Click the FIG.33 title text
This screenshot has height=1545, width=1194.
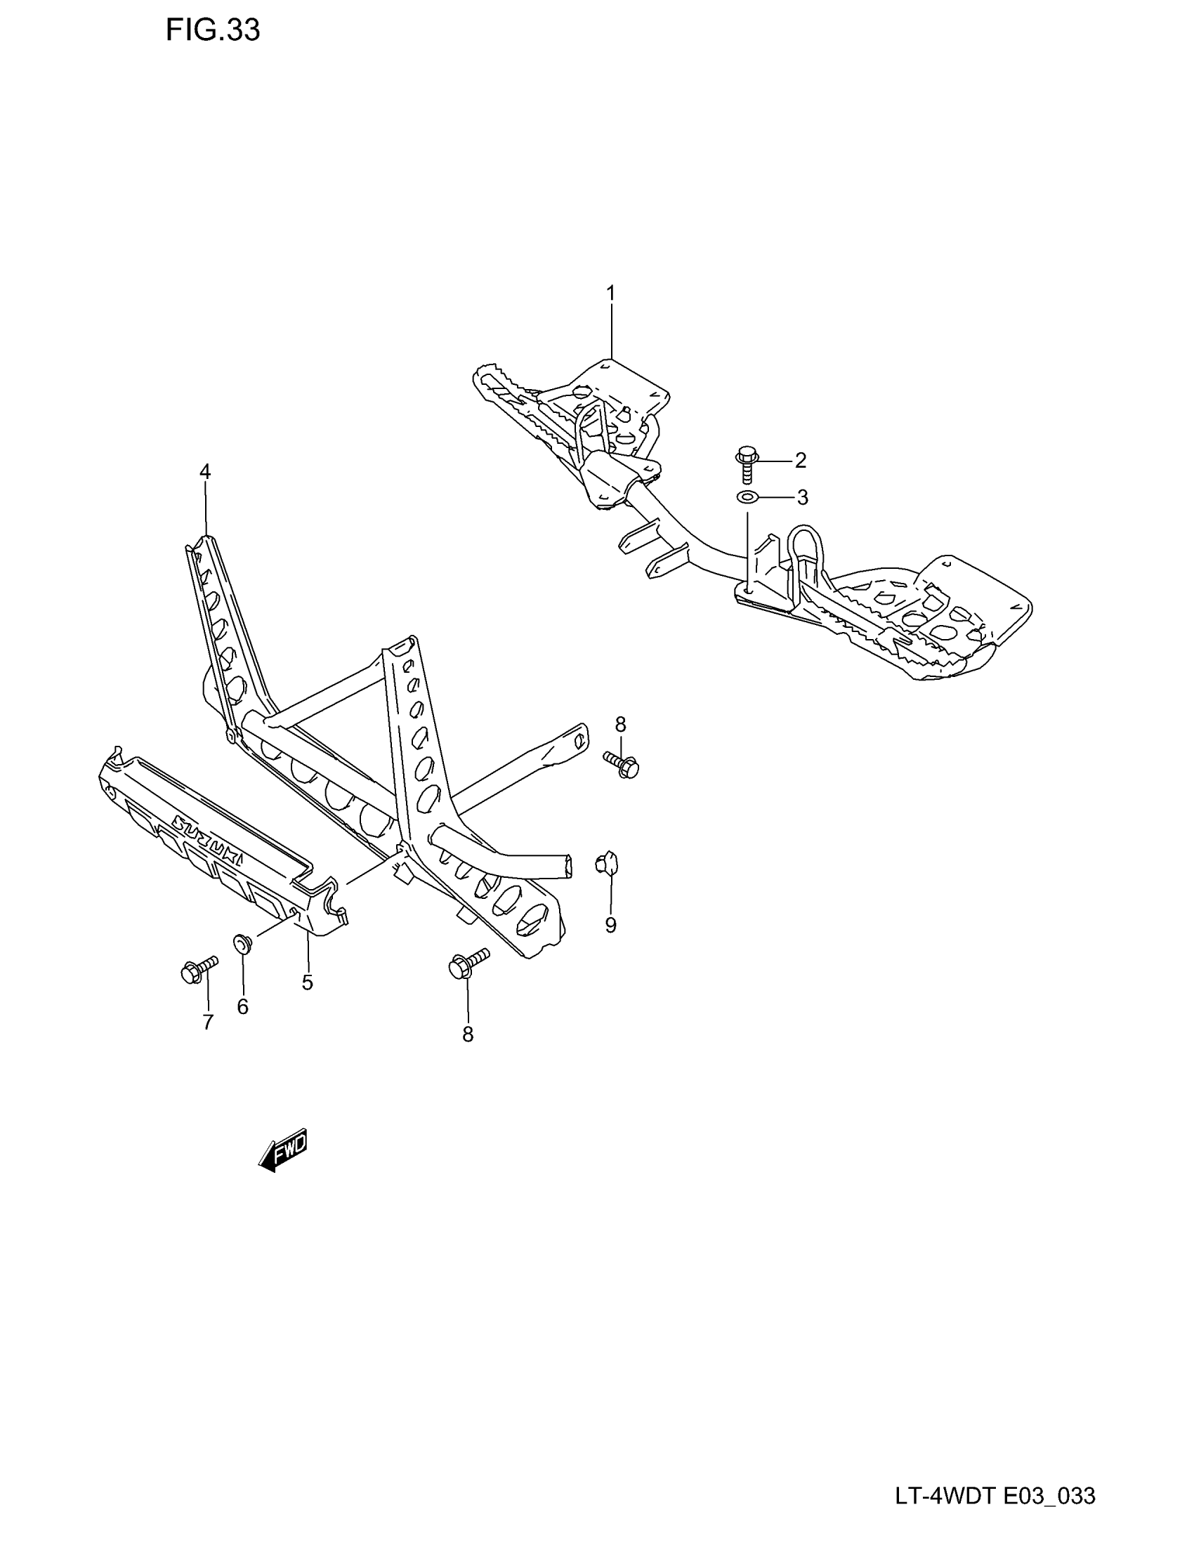(213, 30)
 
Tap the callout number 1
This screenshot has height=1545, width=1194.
(610, 293)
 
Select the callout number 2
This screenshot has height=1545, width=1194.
(800, 461)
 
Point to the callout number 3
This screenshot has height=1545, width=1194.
(802, 498)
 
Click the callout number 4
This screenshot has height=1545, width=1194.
(205, 471)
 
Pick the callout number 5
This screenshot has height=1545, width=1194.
(307, 982)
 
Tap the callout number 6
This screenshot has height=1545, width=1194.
(242, 1007)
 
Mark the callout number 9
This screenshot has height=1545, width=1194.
(610, 926)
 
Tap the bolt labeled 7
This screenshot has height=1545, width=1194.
(198, 969)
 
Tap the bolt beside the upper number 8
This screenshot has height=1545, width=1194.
(622, 764)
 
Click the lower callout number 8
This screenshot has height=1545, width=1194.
(468, 1034)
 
